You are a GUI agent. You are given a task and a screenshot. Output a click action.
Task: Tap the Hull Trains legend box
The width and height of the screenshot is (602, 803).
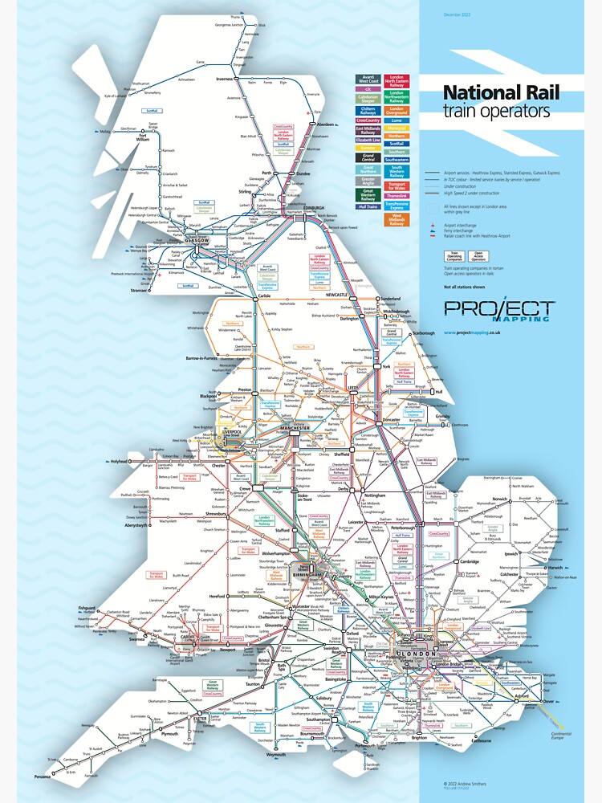[368, 206]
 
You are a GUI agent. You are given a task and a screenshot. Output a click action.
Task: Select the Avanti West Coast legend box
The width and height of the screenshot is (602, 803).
[368, 79]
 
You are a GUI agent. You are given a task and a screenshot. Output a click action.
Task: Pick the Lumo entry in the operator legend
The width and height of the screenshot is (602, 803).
[397, 120]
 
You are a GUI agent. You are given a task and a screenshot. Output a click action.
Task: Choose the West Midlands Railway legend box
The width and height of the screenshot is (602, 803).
[397, 219]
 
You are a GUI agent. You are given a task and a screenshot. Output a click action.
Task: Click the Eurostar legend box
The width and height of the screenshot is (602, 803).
[368, 149]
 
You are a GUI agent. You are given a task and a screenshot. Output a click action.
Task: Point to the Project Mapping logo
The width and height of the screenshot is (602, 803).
[498, 311]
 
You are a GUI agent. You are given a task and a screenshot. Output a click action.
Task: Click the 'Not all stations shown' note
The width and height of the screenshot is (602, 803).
[464, 287]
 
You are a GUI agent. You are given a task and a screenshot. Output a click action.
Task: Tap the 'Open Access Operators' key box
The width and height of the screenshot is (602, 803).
[478, 257]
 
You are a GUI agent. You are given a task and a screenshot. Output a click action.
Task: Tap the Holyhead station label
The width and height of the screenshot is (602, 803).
[118, 462]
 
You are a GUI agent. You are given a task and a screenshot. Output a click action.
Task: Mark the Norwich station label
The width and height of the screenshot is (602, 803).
[499, 499]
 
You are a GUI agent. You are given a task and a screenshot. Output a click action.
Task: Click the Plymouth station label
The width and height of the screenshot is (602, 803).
[169, 733]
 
